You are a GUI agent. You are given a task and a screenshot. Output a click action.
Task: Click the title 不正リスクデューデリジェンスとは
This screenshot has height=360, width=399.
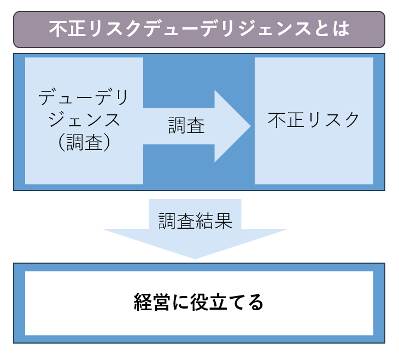pos(199,29)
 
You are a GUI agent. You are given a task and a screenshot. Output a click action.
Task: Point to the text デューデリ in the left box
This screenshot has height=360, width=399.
pos(84,99)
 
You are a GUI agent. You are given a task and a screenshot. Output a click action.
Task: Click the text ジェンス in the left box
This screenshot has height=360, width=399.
pos(84,120)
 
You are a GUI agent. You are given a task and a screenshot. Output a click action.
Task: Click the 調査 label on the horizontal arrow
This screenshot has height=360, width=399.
pos(186,126)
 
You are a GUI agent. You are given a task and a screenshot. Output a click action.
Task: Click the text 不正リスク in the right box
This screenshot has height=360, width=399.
pos(314,120)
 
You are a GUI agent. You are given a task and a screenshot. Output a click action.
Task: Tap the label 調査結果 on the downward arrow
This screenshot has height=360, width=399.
pos(196,220)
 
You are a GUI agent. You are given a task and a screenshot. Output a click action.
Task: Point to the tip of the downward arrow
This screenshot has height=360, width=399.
pos(195,257)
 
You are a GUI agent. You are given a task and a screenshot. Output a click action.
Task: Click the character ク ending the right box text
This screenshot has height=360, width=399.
pos(351,120)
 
